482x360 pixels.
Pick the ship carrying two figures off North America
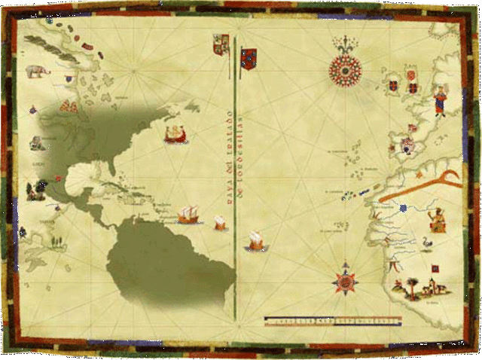175,135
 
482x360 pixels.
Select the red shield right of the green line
248,56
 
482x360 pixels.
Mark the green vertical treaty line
236,188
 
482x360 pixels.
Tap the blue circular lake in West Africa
403,208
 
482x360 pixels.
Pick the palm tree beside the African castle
413,286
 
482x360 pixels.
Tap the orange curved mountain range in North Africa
422,187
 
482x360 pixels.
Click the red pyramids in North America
69,106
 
